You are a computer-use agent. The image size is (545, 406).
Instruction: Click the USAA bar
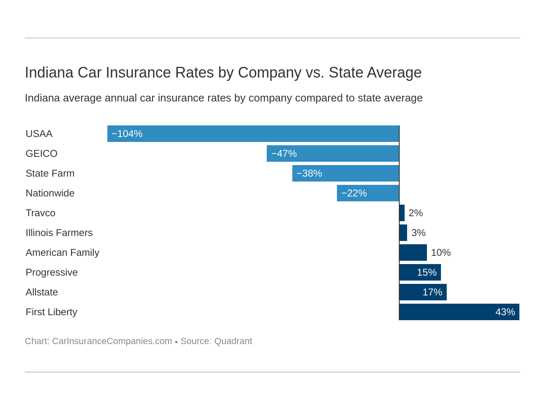(x=253, y=134)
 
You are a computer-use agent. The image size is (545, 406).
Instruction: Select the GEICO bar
(x=333, y=153)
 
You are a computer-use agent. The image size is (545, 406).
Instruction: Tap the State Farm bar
(x=346, y=173)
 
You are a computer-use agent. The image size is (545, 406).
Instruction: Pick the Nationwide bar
(x=368, y=193)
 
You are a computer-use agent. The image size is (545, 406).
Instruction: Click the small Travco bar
(x=402, y=213)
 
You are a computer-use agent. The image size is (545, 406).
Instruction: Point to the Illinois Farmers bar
(x=403, y=233)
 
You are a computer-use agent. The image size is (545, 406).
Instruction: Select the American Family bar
(x=413, y=253)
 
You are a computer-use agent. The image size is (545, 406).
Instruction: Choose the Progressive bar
(x=420, y=272)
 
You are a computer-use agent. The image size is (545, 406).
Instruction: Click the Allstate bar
(x=423, y=292)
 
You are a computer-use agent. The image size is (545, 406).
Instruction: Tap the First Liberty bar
(x=459, y=312)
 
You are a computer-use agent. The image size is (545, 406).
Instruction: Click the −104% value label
(x=127, y=134)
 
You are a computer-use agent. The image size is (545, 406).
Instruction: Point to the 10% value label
(x=441, y=253)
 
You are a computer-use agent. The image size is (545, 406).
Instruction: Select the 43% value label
(x=505, y=312)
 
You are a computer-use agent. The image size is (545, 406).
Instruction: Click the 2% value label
(x=415, y=213)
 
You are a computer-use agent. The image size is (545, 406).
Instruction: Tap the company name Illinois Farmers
(x=59, y=233)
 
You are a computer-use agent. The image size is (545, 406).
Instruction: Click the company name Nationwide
(x=50, y=193)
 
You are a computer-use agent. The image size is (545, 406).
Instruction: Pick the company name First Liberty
(x=51, y=312)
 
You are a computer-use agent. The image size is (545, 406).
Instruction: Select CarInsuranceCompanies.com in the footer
(x=112, y=341)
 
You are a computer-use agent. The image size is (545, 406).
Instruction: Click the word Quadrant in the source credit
(x=233, y=341)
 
